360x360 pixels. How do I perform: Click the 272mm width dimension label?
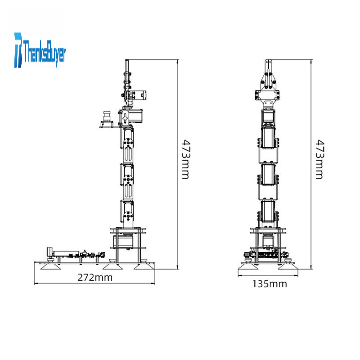tap(95, 278)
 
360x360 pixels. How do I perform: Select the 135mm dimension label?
tap(270, 284)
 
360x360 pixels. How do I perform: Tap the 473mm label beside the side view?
tap(186, 159)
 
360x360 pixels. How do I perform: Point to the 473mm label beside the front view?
tap(320, 159)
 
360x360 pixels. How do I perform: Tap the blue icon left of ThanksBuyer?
tap(18, 50)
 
